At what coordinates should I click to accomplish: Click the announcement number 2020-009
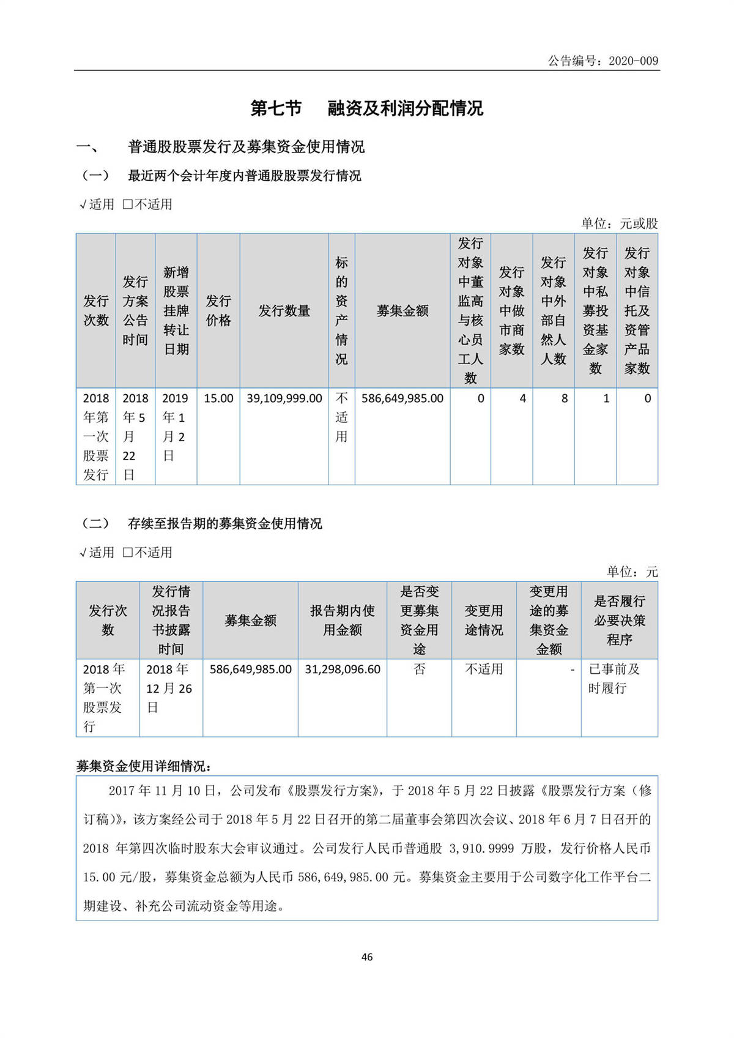633,61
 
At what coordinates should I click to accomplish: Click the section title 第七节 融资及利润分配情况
367,108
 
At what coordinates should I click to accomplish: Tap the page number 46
367,957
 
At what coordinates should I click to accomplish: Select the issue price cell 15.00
218,398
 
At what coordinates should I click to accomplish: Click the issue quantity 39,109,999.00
284,398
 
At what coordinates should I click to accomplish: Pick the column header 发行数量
284,311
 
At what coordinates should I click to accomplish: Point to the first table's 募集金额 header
402,311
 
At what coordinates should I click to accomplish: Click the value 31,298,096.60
343,670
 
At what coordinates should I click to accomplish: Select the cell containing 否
419,670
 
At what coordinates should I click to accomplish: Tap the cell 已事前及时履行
614,679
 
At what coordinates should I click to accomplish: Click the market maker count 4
522,398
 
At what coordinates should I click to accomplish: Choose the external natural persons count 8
564,398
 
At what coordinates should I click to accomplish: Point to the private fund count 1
606,398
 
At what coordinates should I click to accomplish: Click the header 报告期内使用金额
343,620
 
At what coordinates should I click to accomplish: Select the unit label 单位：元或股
619,223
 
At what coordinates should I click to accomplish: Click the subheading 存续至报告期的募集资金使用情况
224,523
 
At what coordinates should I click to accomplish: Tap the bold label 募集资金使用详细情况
144,766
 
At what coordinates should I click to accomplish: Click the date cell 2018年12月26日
169,689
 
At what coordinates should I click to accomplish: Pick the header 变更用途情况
484,620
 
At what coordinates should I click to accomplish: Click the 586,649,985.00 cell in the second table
251,670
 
